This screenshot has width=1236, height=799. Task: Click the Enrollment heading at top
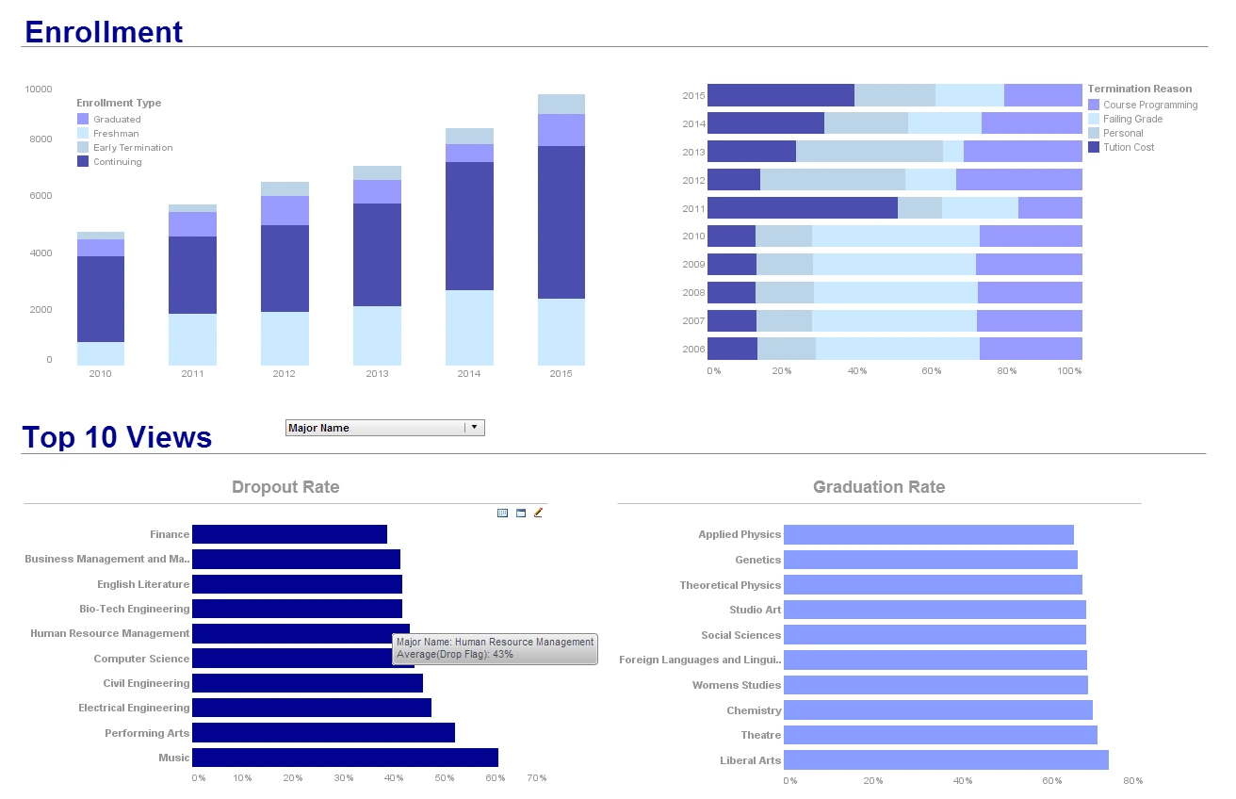pyautogui.click(x=104, y=32)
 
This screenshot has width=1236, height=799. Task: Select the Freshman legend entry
pyautogui.click(x=116, y=134)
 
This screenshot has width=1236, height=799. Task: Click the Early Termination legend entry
pyautogui.click(x=132, y=148)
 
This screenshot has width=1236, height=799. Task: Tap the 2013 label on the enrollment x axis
pyautogui.click(x=377, y=374)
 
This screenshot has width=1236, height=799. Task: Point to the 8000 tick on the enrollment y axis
pyautogui.click(x=39, y=139)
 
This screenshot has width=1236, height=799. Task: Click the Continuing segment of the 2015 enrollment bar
pyautogui.click(x=561, y=222)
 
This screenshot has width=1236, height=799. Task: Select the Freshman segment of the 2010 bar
pyautogui.click(x=100, y=353)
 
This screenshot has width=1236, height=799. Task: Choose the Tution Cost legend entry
pyautogui.click(x=1128, y=147)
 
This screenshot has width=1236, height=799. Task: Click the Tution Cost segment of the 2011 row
pyautogui.click(x=802, y=208)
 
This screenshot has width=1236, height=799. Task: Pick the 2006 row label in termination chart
pyautogui.click(x=693, y=350)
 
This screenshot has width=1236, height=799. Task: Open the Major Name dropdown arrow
pyautogui.click(x=475, y=428)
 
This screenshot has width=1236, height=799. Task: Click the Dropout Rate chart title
pyautogui.click(x=285, y=487)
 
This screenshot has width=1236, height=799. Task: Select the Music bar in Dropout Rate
pyautogui.click(x=345, y=758)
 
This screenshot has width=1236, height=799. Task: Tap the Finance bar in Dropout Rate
pyautogui.click(x=289, y=534)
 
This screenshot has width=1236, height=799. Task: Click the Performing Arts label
pyautogui.click(x=147, y=733)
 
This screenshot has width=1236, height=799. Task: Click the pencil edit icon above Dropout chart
pyautogui.click(x=539, y=513)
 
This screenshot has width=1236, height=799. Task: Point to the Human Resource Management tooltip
pyautogui.click(x=495, y=648)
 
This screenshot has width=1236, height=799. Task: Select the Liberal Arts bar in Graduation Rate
pyautogui.click(x=946, y=760)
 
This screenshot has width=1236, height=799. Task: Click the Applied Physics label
pyautogui.click(x=740, y=534)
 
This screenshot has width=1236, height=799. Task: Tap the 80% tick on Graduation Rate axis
pyautogui.click(x=1132, y=781)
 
